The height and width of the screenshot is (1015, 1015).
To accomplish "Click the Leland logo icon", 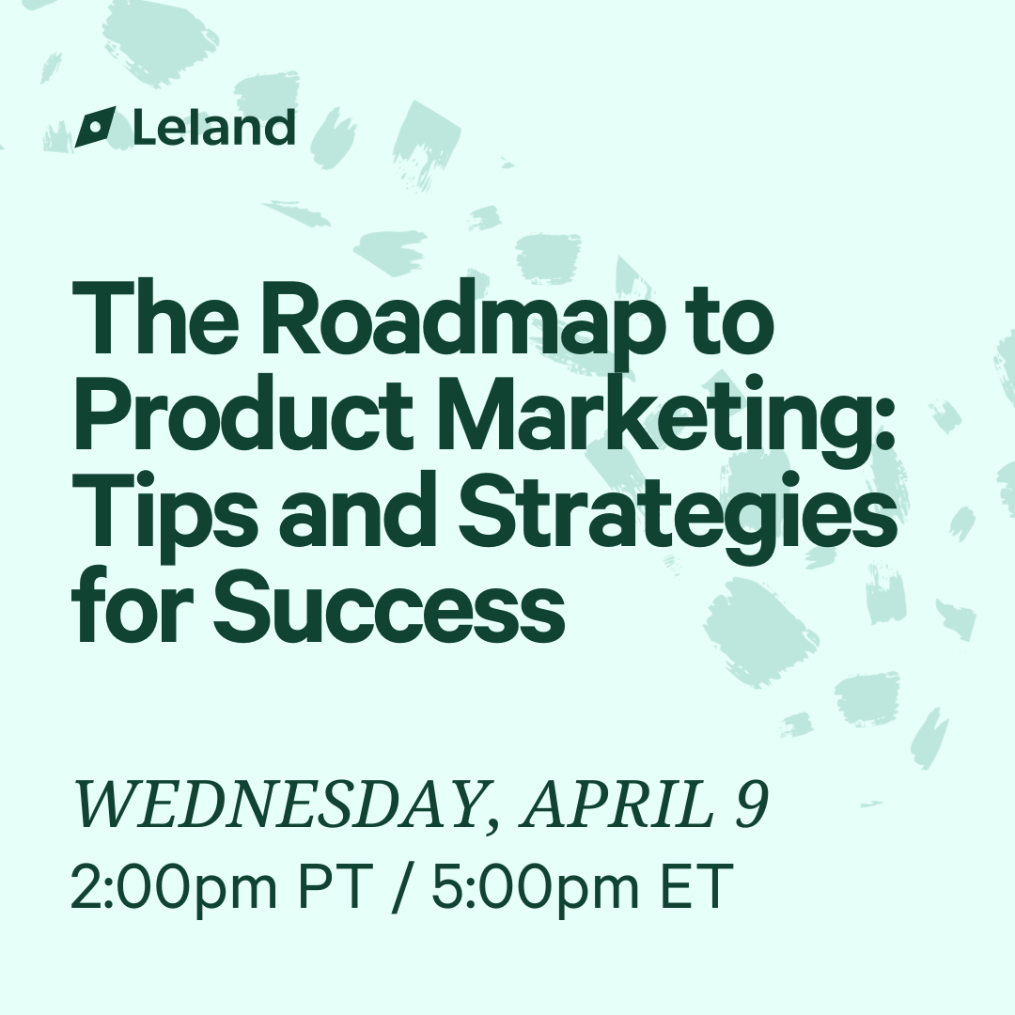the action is tap(96, 126).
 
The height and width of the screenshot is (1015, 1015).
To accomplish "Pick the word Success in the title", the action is tap(389, 608).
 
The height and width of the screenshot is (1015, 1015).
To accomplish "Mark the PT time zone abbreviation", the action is tap(336, 885).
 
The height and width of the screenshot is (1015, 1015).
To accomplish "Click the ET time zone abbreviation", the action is tap(696, 885).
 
